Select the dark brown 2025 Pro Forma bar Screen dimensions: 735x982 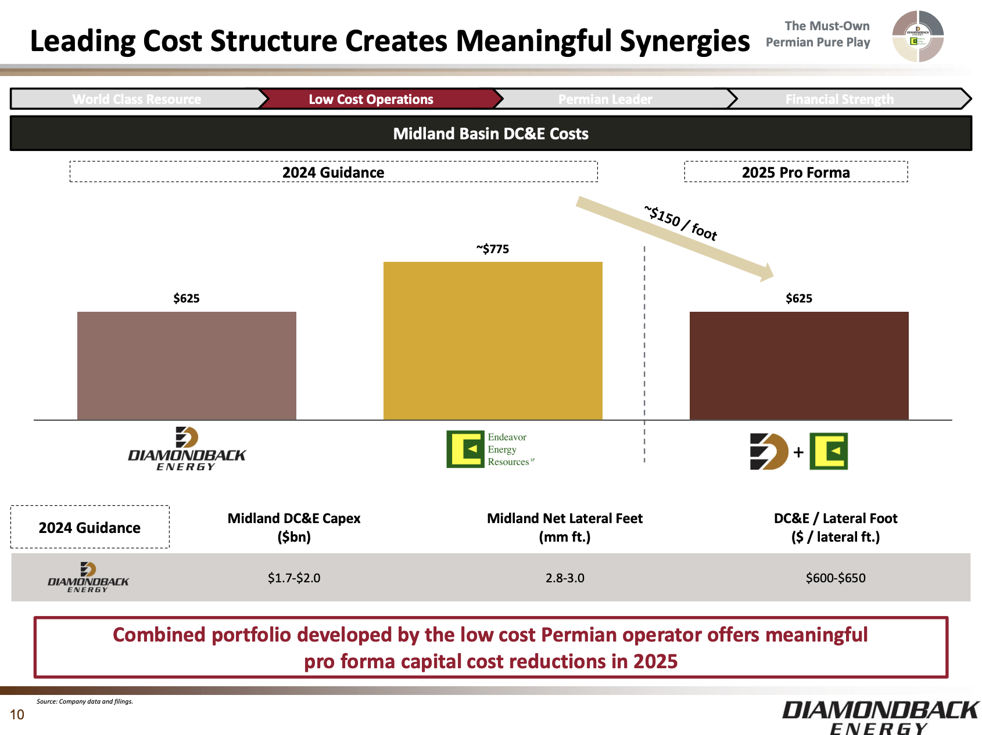point(799,365)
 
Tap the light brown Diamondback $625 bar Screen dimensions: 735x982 point(187,365)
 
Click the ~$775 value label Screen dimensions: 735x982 point(493,249)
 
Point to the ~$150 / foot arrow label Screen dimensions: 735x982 point(680,223)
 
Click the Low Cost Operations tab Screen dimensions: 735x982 point(371,99)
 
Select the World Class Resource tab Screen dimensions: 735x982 point(137,99)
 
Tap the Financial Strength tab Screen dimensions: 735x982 point(839,99)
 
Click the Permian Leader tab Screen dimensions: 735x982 point(605,99)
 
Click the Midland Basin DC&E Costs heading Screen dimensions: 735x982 point(490,134)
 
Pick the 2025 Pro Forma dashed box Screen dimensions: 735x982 point(795,172)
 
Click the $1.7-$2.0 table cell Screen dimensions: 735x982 point(294,578)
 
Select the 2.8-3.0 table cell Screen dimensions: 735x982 point(565,578)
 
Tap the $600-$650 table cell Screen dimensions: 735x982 point(836,578)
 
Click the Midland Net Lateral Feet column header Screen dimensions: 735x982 point(565,527)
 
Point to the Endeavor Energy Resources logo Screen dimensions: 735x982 point(489,449)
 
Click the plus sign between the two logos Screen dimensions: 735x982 point(798,452)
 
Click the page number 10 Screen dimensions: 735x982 point(17,715)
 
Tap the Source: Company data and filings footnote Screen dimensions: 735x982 point(85,701)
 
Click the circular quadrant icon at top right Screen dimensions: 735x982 point(918,36)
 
